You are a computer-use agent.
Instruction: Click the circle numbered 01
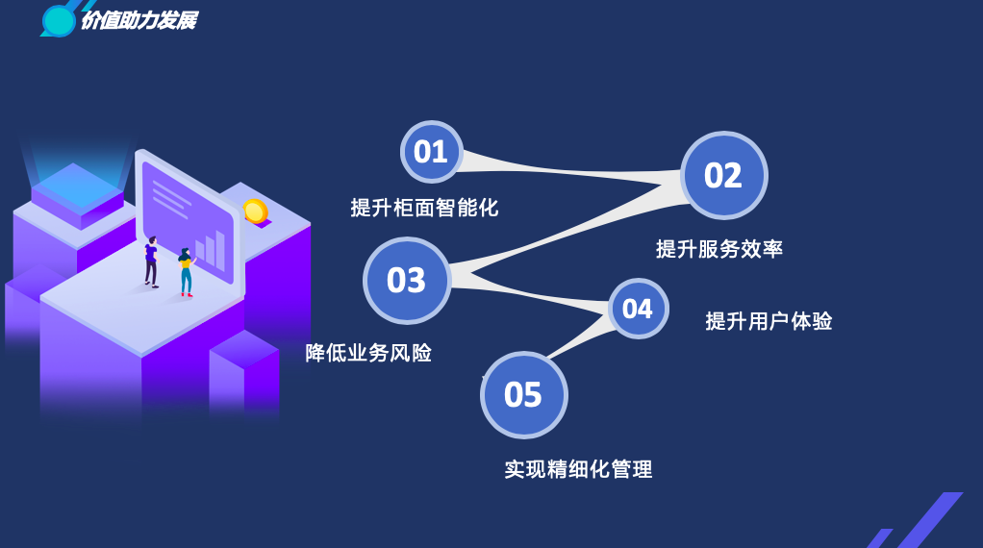coord(431,152)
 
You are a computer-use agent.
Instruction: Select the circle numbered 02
coord(724,175)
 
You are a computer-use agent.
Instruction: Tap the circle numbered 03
coord(407,280)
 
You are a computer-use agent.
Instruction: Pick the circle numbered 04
coord(639,309)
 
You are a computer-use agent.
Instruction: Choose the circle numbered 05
coord(524,395)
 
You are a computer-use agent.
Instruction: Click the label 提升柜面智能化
coord(424,208)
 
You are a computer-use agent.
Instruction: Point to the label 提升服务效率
coord(719,249)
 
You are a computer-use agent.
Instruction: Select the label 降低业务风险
coord(368,353)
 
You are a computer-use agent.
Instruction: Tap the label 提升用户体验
coord(769,321)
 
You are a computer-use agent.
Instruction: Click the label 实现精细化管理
coord(578,468)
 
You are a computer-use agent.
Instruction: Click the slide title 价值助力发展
coord(139,20)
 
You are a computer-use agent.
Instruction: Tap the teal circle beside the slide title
coord(59,20)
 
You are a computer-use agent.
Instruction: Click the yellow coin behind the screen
coord(256,212)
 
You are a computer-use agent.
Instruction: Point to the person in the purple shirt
coord(151,262)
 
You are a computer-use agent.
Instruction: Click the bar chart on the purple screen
coord(210,251)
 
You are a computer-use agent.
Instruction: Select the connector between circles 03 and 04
coord(530,292)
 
